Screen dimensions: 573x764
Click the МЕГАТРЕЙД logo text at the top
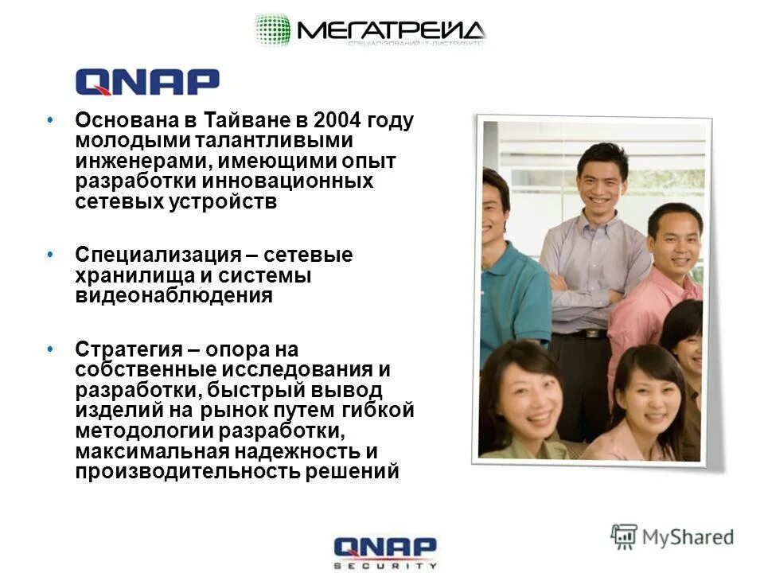click(x=390, y=30)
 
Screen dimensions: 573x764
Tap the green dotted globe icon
click(x=272, y=30)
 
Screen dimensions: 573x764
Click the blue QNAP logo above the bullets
click(x=147, y=82)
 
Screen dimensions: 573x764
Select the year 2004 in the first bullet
click(x=340, y=121)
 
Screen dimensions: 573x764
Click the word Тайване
click(x=236, y=121)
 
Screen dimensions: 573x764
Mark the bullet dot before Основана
click(x=51, y=120)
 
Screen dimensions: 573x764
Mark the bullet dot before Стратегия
click(x=51, y=349)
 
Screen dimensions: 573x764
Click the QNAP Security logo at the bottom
click(x=385, y=552)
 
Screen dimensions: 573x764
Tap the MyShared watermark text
click(x=688, y=536)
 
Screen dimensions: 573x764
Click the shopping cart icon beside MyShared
click(x=624, y=536)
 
